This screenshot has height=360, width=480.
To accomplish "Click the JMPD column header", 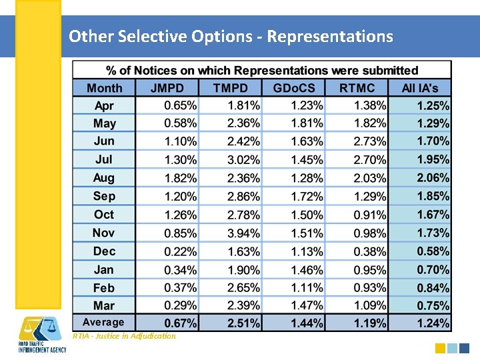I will (167, 88).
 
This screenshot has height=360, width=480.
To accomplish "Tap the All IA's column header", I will (420, 88).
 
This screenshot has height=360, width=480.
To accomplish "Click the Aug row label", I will (104, 178).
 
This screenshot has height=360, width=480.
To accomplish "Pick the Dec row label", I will (104, 251).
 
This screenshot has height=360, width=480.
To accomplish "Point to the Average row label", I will (103, 323).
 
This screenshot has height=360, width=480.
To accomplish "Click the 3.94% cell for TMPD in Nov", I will (244, 233).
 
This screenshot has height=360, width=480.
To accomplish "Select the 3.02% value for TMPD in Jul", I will (244, 160).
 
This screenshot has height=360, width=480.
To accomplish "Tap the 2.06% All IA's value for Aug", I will (433, 178).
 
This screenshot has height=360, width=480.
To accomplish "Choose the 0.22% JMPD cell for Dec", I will (181, 251).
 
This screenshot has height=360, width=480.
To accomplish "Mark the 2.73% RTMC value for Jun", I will (370, 141).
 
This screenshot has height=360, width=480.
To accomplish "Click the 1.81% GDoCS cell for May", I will (307, 123).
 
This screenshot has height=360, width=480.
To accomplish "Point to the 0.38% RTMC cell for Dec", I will (370, 251).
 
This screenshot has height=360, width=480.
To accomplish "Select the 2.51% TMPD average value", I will (244, 323).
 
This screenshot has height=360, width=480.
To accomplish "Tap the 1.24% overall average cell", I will (433, 323).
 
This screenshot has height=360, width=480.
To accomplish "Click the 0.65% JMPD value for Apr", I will (181, 105).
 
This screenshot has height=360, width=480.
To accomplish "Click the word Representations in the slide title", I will (330, 36).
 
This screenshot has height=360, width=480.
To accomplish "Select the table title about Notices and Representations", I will (262, 71).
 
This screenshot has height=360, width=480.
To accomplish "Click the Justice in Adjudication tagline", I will (124, 336).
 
